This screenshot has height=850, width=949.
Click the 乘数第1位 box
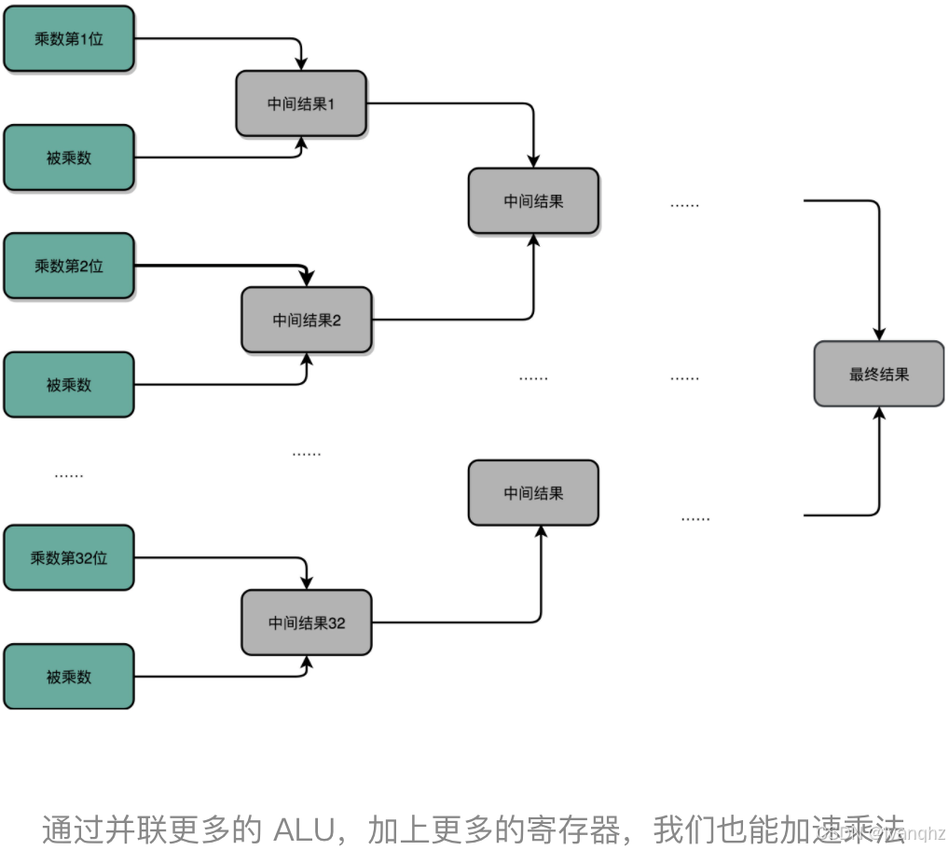click(69, 39)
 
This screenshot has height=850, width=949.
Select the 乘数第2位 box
click(69, 266)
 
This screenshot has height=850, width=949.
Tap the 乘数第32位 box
click(69, 557)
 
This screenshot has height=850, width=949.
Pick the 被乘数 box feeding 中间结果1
click(69, 158)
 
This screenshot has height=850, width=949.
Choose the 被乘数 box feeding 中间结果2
click(69, 384)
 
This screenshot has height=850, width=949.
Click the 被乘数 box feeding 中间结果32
click(69, 677)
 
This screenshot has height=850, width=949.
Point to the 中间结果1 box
click(301, 103)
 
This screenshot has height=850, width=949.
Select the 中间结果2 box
click(307, 320)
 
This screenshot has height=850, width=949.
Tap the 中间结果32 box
click(307, 622)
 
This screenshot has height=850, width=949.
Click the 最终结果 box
click(879, 374)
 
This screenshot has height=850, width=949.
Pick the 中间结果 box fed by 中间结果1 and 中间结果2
click(533, 200)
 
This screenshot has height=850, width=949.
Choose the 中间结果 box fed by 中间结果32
click(533, 492)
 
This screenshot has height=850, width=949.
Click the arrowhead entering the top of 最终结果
click(879, 334)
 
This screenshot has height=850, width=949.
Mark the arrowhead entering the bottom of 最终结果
click(879, 414)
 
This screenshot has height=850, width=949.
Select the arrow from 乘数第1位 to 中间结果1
click(224, 39)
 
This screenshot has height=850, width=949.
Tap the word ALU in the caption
click(303, 829)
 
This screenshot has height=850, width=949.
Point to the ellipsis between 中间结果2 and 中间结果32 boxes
click(307, 453)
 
